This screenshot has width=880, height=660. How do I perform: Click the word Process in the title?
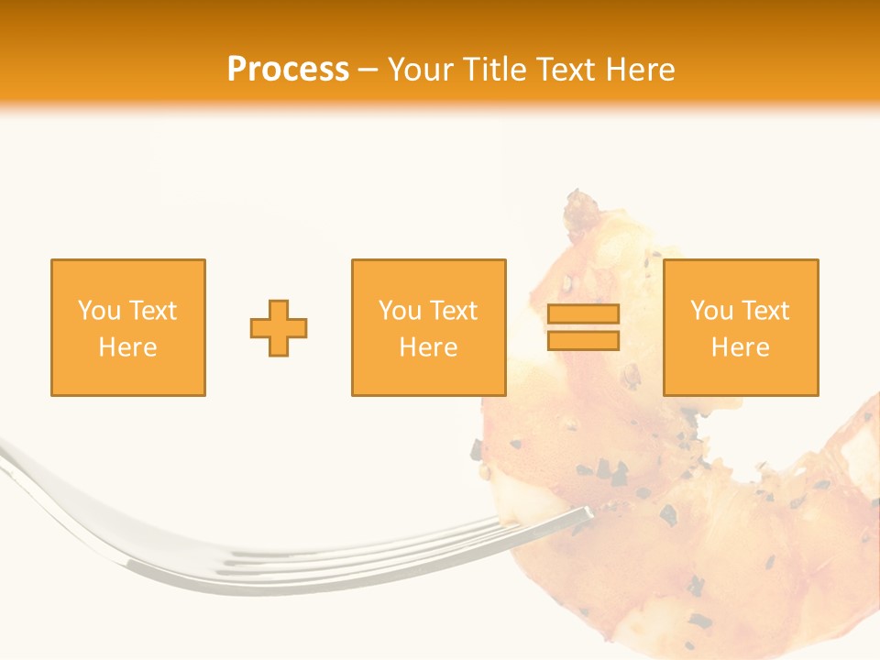pyautogui.click(x=288, y=70)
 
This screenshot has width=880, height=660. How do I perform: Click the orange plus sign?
pyautogui.click(x=279, y=328)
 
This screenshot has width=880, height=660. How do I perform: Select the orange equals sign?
pyautogui.click(x=583, y=327)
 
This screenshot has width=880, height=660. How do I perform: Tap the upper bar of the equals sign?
pyautogui.click(x=583, y=314)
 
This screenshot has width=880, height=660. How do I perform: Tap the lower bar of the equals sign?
pyautogui.click(x=583, y=340)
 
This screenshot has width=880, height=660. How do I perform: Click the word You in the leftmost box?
pyautogui.click(x=98, y=311)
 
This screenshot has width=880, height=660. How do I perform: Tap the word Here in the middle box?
pyautogui.click(x=429, y=347)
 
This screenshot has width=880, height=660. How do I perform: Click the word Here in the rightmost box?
pyautogui.click(x=741, y=347)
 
